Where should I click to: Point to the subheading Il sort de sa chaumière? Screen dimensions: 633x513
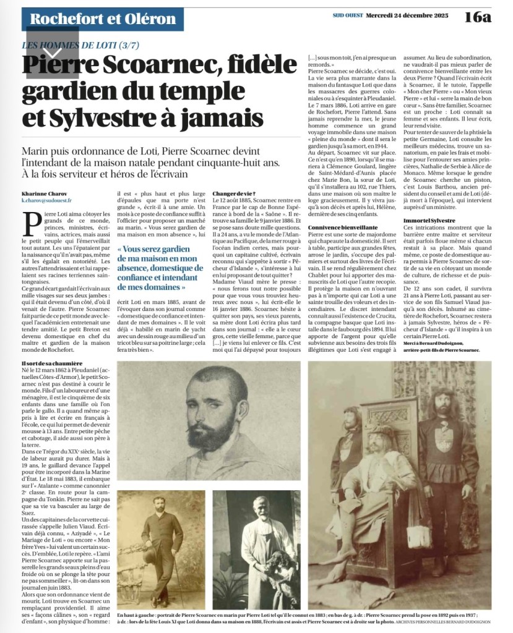pos(52,362)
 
